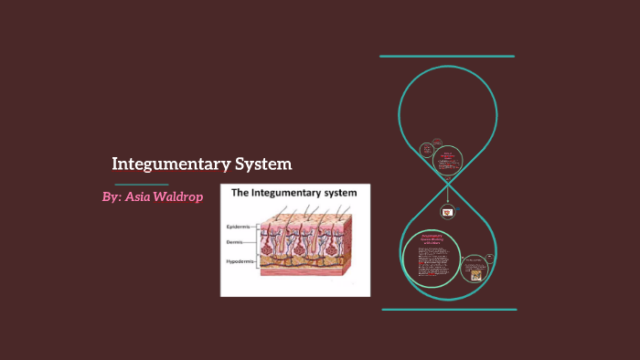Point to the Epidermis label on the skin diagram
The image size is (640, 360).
tap(240, 225)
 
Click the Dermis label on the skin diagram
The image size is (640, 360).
tap(236, 242)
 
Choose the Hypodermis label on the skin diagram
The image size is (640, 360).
tap(242, 261)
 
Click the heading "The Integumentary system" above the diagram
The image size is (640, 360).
tap(294, 194)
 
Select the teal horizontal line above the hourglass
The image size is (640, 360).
tap(447, 57)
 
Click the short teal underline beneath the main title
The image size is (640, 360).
tap(134, 185)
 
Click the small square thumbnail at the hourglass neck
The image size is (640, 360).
tap(448, 211)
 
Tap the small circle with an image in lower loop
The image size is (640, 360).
tap(474, 267)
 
